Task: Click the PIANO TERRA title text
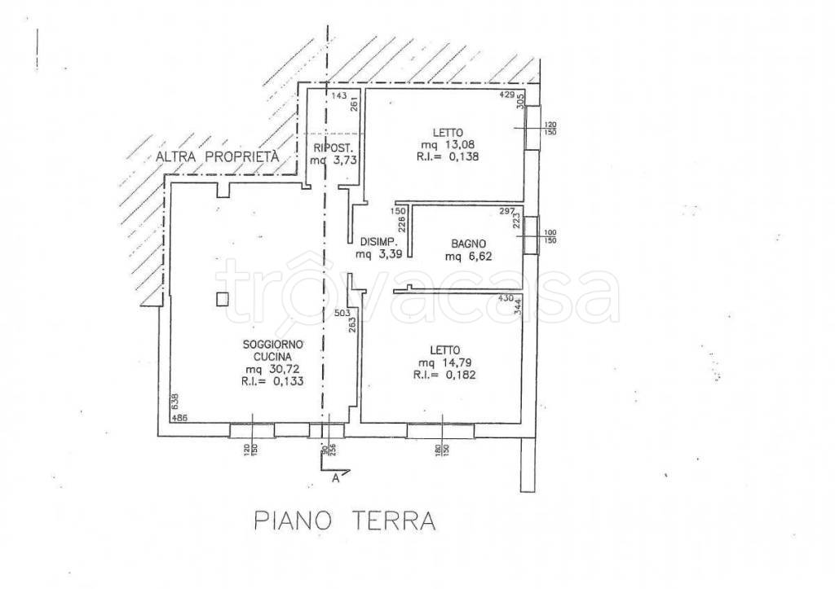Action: pyautogui.click(x=343, y=520)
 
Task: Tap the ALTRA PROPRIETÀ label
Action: pyautogui.click(x=217, y=156)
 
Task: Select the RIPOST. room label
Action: pyautogui.click(x=332, y=147)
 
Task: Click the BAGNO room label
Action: pyautogui.click(x=468, y=243)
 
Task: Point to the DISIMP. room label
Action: pyautogui.click(x=378, y=243)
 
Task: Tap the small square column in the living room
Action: pyautogui.click(x=223, y=299)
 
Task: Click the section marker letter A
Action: pyautogui.click(x=335, y=479)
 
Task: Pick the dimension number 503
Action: pyautogui.click(x=342, y=312)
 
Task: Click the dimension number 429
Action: pyautogui.click(x=508, y=96)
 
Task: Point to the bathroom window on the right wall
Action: pyautogui.click(x=531, y=236)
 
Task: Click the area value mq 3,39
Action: pyautogui.click(x=377, y=255)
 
